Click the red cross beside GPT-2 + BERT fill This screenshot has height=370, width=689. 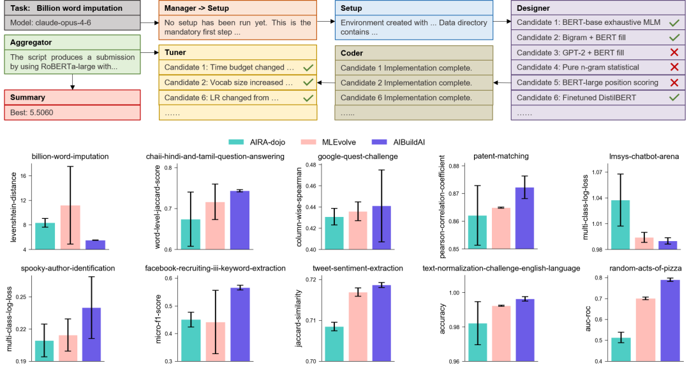(x=674, y=52)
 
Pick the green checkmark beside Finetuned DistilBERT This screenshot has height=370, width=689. (x=674, y=97)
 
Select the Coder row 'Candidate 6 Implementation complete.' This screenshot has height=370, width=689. (x=405, y=98)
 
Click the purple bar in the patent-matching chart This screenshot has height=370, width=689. (x=524, y=218)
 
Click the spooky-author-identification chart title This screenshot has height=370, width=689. (x=68, y=269)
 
